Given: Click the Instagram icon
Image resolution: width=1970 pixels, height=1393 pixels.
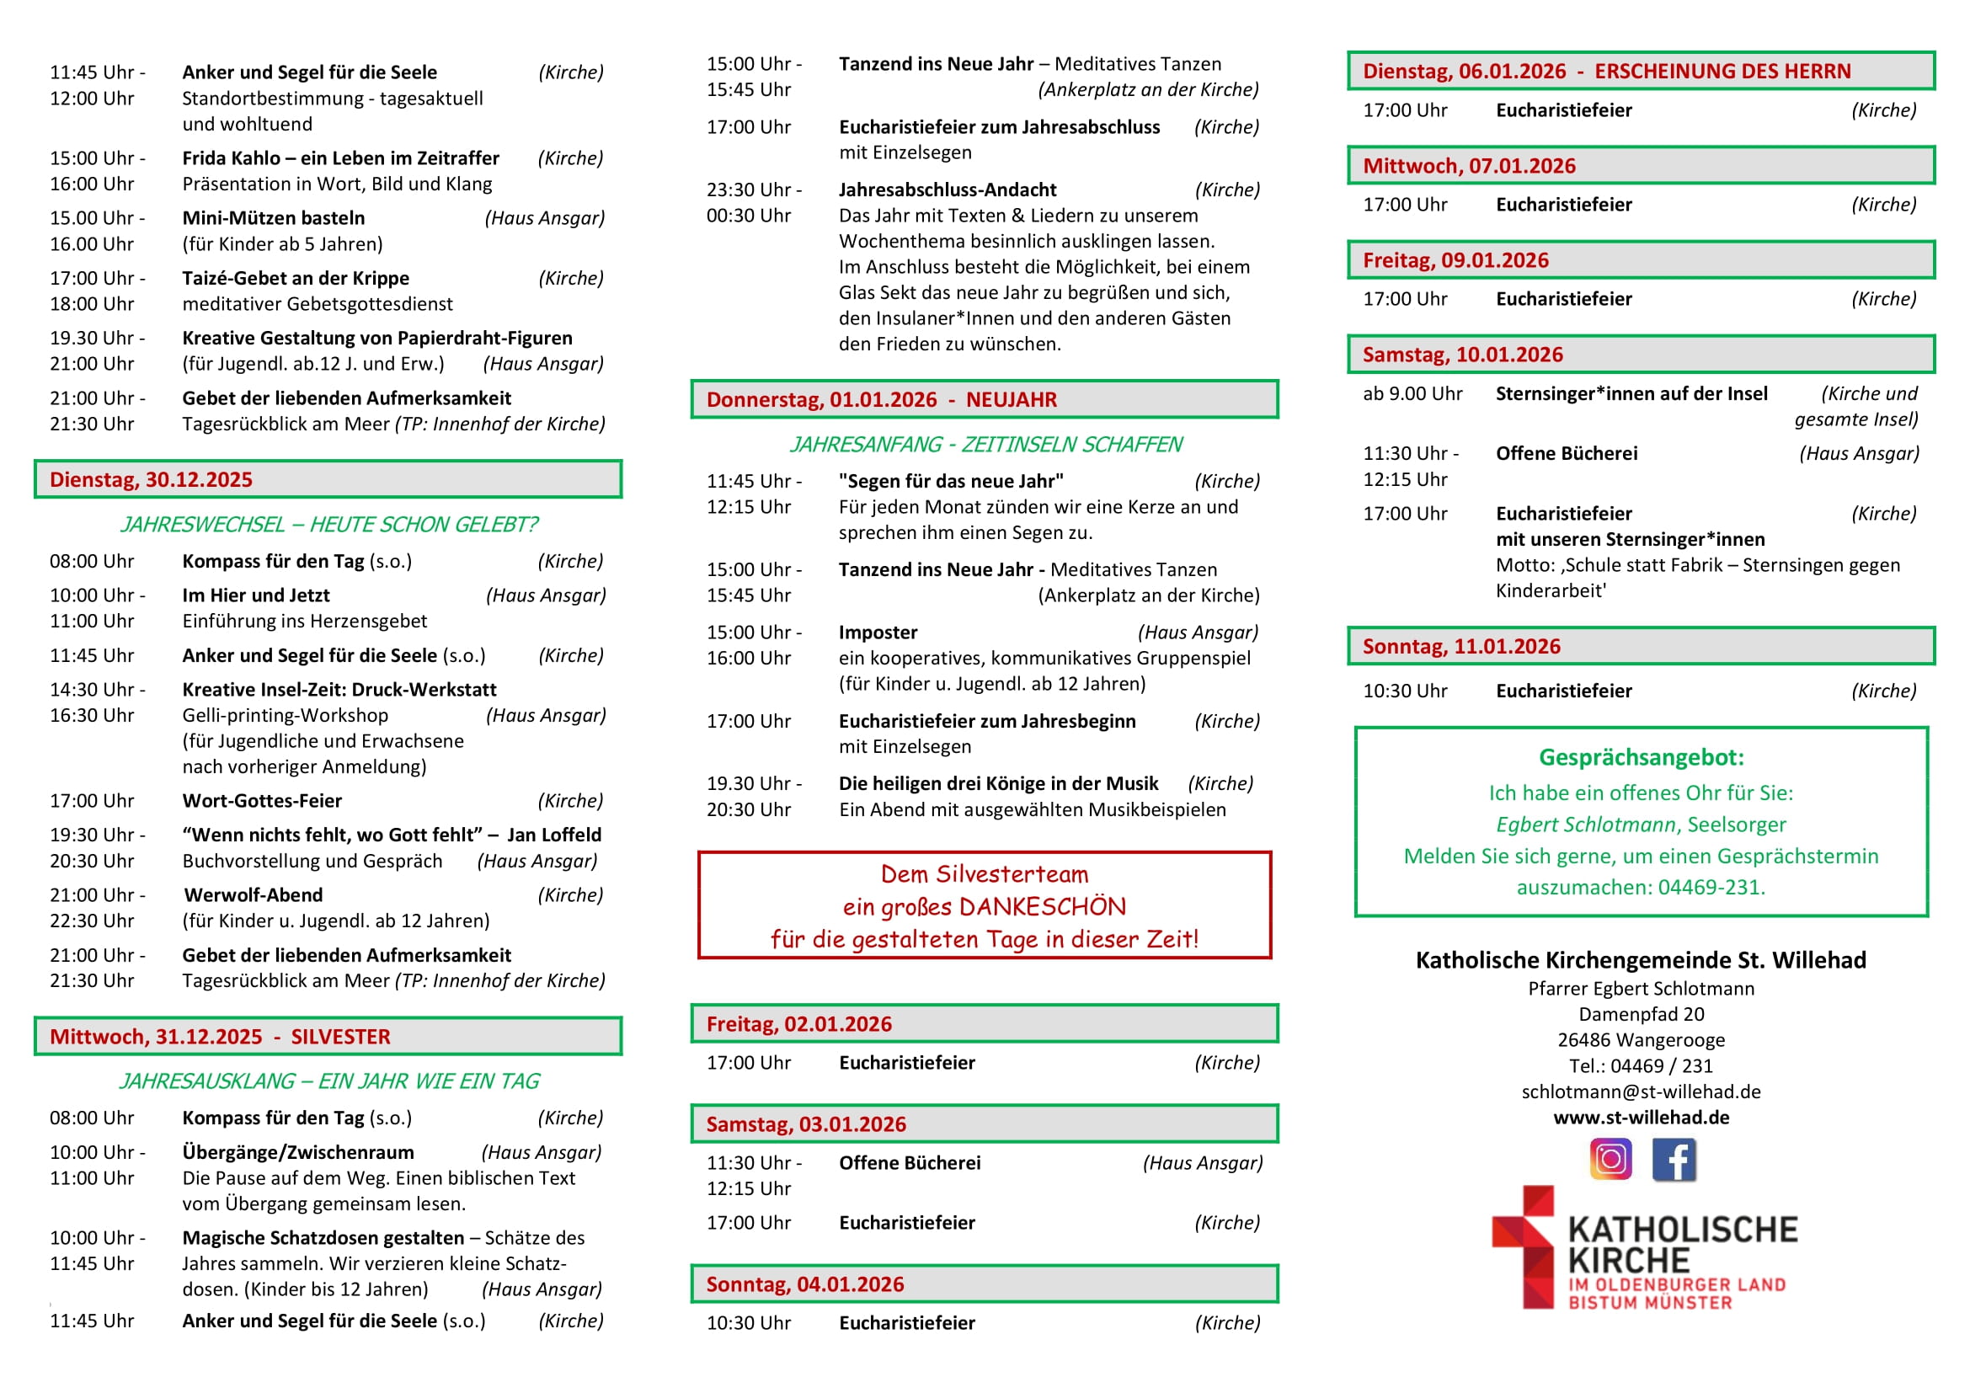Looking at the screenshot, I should pyautogui.click(x=1610, y=1159).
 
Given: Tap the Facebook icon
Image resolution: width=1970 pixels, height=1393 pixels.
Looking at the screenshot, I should pyautogui.click(x=1674, y=1159).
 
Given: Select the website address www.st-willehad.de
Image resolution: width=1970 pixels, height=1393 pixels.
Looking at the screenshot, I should pyautogui.click(x=1641, y=1117).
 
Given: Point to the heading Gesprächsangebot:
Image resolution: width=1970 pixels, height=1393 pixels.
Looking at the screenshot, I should pyautogui.click(x=1641, y=757).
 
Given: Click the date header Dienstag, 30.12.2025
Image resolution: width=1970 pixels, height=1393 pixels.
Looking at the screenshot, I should pyautogui.click(x=151, y=479).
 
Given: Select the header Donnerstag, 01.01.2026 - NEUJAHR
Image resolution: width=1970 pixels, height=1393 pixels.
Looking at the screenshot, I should pyautogui.click(x=881, y=400).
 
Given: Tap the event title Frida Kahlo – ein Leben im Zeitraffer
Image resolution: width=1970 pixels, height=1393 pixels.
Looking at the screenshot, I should pyautogui.click(x=339, y=157).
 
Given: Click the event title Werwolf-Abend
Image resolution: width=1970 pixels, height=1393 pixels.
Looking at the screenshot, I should pyautogui.click(x=254, y=894).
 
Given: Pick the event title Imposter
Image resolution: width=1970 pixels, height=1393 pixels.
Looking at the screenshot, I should pyautogui.click(x=878, y=632).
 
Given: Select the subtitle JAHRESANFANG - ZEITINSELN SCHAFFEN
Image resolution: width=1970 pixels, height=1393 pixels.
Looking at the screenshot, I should pyautogui.click(x=985, y=445).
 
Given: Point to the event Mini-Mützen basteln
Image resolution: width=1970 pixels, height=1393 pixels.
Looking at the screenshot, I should pyautogui.click(x=273, y=218).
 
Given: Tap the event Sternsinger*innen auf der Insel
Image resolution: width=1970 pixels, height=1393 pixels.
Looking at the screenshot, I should pyautogui.click(x=1631, y=393).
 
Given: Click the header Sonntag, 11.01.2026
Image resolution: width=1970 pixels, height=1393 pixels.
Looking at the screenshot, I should pyautogui.click(x=1461, y=646).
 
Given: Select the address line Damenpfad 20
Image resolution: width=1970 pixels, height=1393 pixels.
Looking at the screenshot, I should pyautogui.click(x=1641, y=1014).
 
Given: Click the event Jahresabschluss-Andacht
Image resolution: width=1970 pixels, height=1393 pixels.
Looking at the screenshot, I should pyautogui.click(x=948, y=189).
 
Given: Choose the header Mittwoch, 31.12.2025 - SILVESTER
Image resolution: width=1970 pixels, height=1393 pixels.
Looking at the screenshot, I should pyautogui.click(x=220, y=1036).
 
